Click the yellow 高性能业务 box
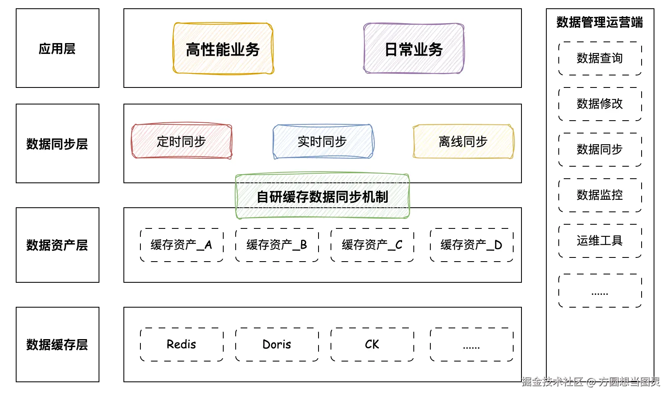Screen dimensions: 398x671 tap(223, 49)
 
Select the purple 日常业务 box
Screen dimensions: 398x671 tap(413, 49)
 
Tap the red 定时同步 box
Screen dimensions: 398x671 tap(181, 141)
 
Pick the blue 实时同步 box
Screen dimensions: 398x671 tap(323, 141)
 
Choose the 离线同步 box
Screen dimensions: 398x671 tap(463, 141)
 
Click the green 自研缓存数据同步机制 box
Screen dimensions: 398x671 tap(322, 197)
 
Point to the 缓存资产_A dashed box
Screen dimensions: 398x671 tap(181, 245)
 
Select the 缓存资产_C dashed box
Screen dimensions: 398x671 tap(372, 245)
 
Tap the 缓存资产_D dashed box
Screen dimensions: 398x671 tap(471, 245)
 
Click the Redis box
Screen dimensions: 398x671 tap(181, 345)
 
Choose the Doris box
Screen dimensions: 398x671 tap(277, 345)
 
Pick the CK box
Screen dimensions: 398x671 tap(372, 345)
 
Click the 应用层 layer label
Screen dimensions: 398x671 tap(57, 49)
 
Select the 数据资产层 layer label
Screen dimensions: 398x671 tap(57, 245)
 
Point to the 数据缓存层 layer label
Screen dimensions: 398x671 tap(57, 345)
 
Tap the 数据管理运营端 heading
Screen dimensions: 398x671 tap(599, 22)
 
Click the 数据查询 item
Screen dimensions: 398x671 tap(600, 58)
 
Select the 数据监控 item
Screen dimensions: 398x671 tap(600, 195)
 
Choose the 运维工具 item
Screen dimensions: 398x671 tap(600, 241)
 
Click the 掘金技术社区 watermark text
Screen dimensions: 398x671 tap(552, 382)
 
